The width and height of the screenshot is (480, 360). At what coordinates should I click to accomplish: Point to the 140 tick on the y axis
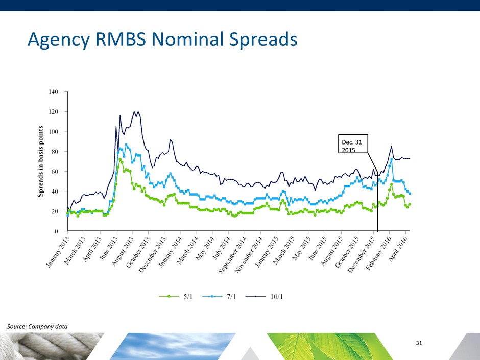(x=53, y=92)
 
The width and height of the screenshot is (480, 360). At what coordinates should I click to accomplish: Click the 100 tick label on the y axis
(x=53, y=132)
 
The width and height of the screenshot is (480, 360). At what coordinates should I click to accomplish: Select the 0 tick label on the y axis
(x=57, y=231)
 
